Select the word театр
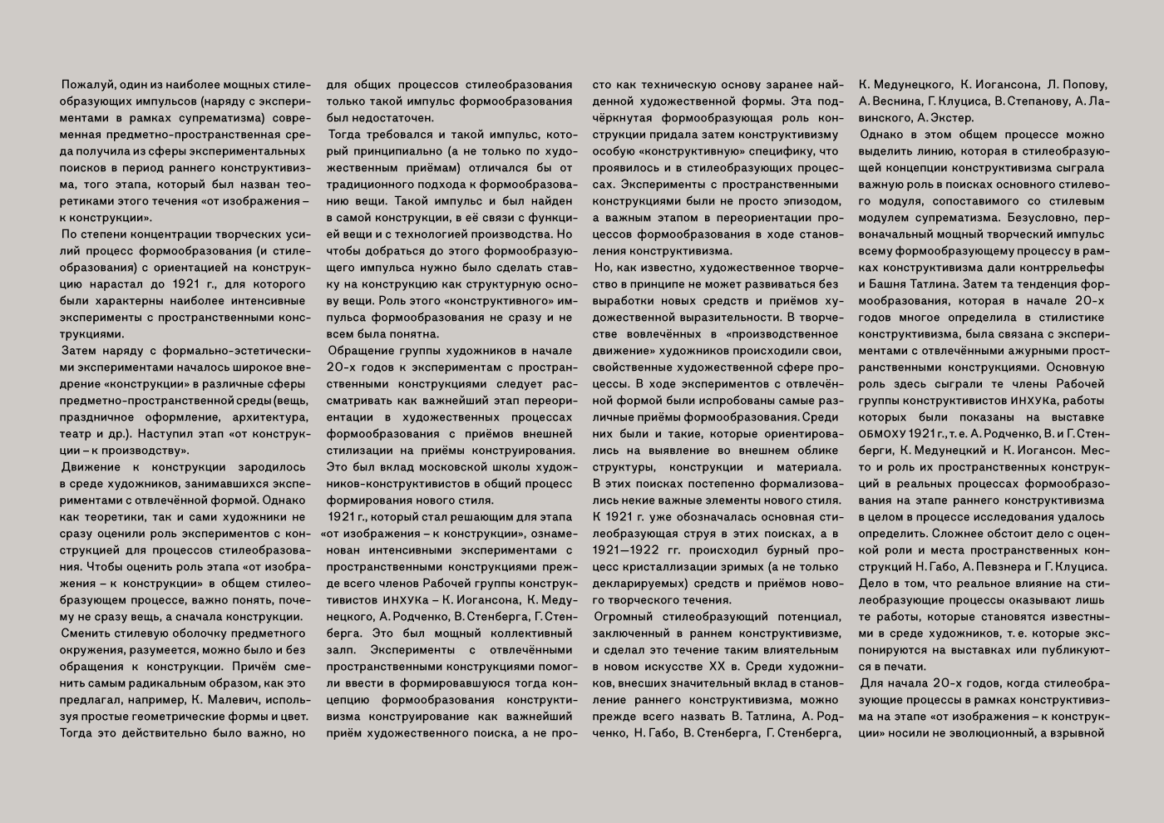76,434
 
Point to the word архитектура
270,417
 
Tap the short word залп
339,650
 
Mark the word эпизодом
811,201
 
